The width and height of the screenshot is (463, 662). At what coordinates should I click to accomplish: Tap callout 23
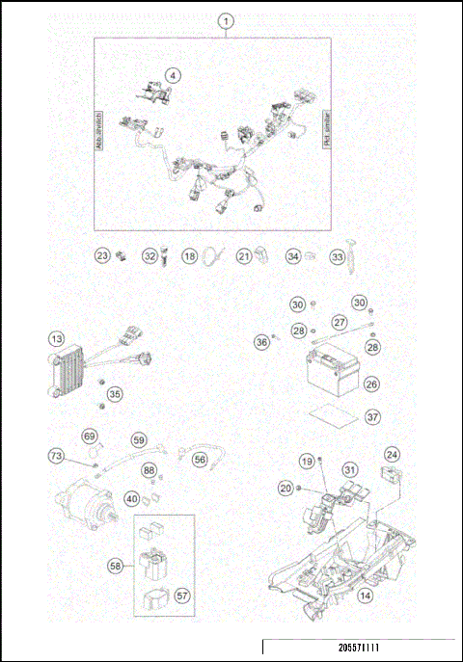pos(102,256)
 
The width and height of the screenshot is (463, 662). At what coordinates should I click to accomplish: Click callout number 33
pos(338,257)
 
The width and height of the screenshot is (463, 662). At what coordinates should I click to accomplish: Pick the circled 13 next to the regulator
pos(58,338)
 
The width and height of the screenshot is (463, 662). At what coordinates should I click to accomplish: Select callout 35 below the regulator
pos(115,393)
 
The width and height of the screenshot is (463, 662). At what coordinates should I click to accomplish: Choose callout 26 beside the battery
pos(371,384)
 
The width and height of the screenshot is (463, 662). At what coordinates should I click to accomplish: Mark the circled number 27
pos(339,322)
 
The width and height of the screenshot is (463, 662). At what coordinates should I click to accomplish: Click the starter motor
pos(81,504)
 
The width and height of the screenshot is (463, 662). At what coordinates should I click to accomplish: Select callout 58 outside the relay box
pos(116,568)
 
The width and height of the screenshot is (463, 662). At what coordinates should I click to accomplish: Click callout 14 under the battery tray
pos(364,596)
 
